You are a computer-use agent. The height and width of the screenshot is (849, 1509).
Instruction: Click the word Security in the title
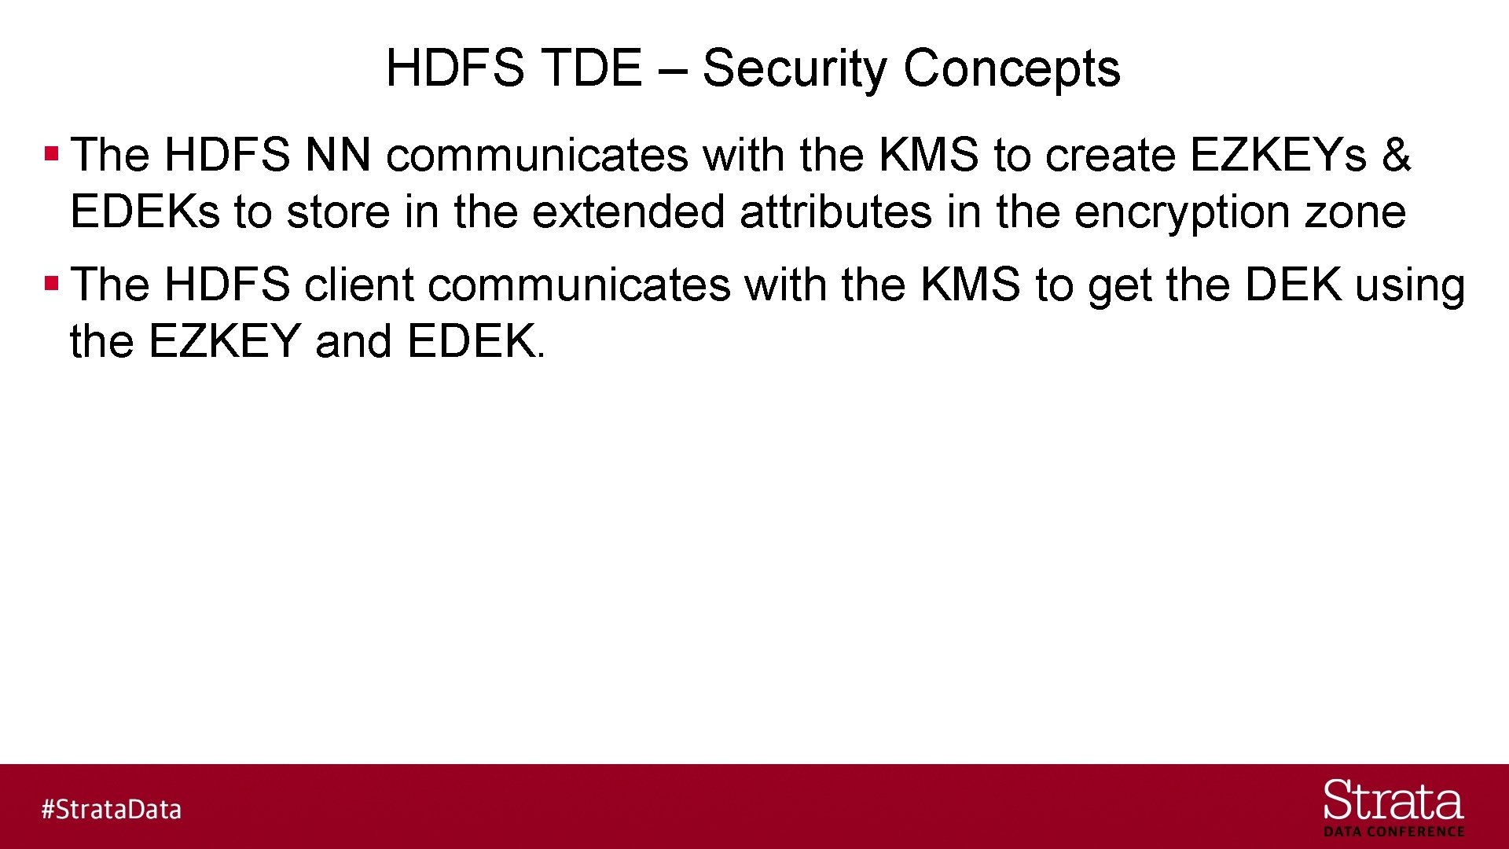click(x=794, y=68)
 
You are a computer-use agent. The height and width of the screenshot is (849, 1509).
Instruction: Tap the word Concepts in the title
click(x=1012, y=68)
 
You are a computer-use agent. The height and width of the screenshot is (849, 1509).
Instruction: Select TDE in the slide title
click(x=592, y=68)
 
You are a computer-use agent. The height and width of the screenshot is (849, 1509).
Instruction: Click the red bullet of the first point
click(x=52, y=153)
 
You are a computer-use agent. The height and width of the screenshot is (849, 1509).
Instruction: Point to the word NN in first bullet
click(x=338, y=155)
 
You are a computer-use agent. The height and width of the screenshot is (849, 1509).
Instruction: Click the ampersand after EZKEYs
click(x=1396, y=155)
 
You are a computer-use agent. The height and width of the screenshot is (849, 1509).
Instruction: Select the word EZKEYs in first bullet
click(x=1278, y=155)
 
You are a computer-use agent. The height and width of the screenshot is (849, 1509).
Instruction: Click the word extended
click(x=628, y=212)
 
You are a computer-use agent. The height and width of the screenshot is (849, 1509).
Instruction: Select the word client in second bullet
click(x=359, y=285)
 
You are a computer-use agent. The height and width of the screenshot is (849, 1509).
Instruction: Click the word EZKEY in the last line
click(x=225, y=342)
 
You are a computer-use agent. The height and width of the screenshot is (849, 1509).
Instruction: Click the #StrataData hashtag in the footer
click(x=112, y=809)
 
